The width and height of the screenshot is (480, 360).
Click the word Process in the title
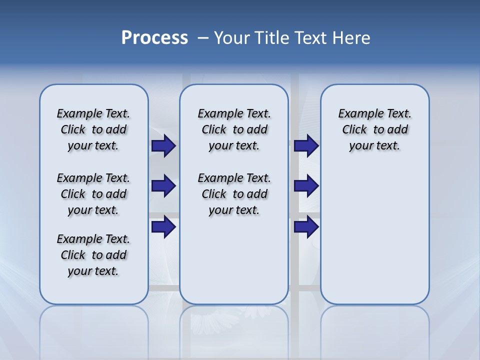[154, 38]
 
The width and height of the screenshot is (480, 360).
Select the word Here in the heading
[351, 38]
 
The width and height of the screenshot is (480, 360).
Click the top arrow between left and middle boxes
[163, 146]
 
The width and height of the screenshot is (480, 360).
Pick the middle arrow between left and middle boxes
[163, 186]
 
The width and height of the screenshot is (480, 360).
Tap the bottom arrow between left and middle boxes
[163, 226]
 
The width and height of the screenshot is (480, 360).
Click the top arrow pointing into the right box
[306, 146]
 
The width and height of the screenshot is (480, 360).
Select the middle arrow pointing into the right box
[306, 186]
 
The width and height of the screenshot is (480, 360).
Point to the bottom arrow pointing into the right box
[306, 226]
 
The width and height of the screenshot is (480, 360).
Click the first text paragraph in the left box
[93, 129]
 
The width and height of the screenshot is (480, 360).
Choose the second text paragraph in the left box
[93, 194]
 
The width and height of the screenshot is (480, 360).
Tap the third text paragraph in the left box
[93, 255]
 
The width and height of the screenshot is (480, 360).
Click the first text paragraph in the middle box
[234, 129]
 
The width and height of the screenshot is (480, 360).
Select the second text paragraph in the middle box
[234, 194]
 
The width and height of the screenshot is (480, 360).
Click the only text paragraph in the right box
[375, 129]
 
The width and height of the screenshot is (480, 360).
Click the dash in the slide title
[203, 38]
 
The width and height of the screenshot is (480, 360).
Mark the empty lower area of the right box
[375, 235]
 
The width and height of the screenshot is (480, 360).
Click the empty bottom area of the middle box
[234, 265]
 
